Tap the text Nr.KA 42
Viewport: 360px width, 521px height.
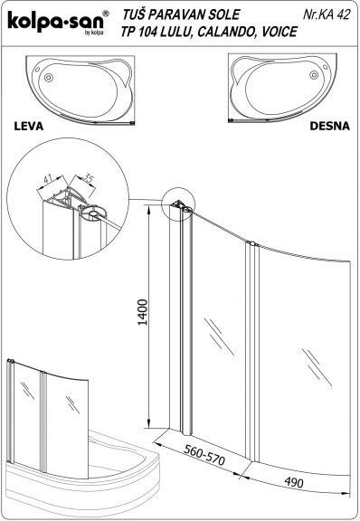coord(327,14)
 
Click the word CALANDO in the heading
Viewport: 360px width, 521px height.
coord(224,32)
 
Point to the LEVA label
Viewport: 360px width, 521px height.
coord(29,127)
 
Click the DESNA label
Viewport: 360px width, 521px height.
coord(329,126)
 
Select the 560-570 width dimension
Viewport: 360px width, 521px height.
coord(204,455)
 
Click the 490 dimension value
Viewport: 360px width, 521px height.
coord(294,482)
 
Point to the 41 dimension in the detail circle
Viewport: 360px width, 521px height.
coord(49,180)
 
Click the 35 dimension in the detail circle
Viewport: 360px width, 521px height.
coord(88,178)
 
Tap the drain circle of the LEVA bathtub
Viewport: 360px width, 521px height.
coord(49,78)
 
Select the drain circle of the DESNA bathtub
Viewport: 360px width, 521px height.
coord(314,75)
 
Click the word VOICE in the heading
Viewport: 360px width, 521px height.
coord(279,32)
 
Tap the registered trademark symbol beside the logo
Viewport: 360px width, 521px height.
coord(106,13)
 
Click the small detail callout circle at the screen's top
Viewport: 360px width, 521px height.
coord(177,204)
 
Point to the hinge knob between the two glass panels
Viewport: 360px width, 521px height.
coord(251,243)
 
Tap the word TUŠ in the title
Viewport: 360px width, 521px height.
coord(134,14)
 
